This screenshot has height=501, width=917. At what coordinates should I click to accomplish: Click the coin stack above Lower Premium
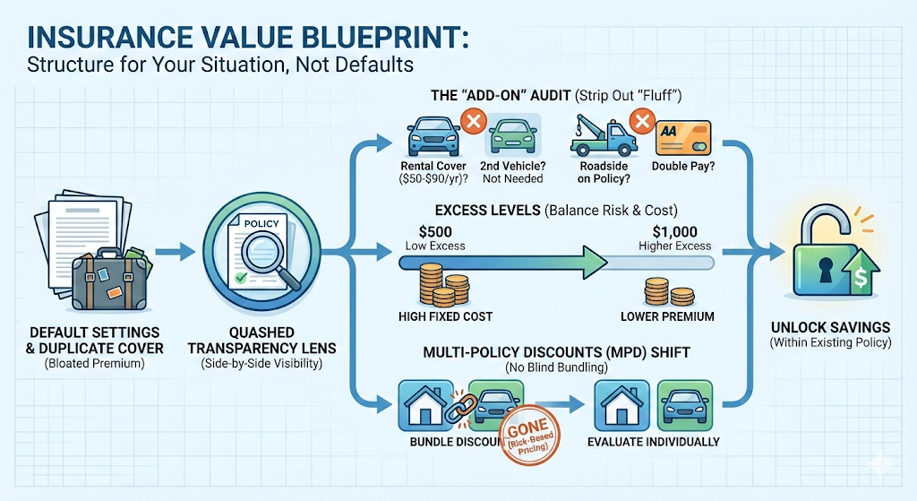tap(665, 292)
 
